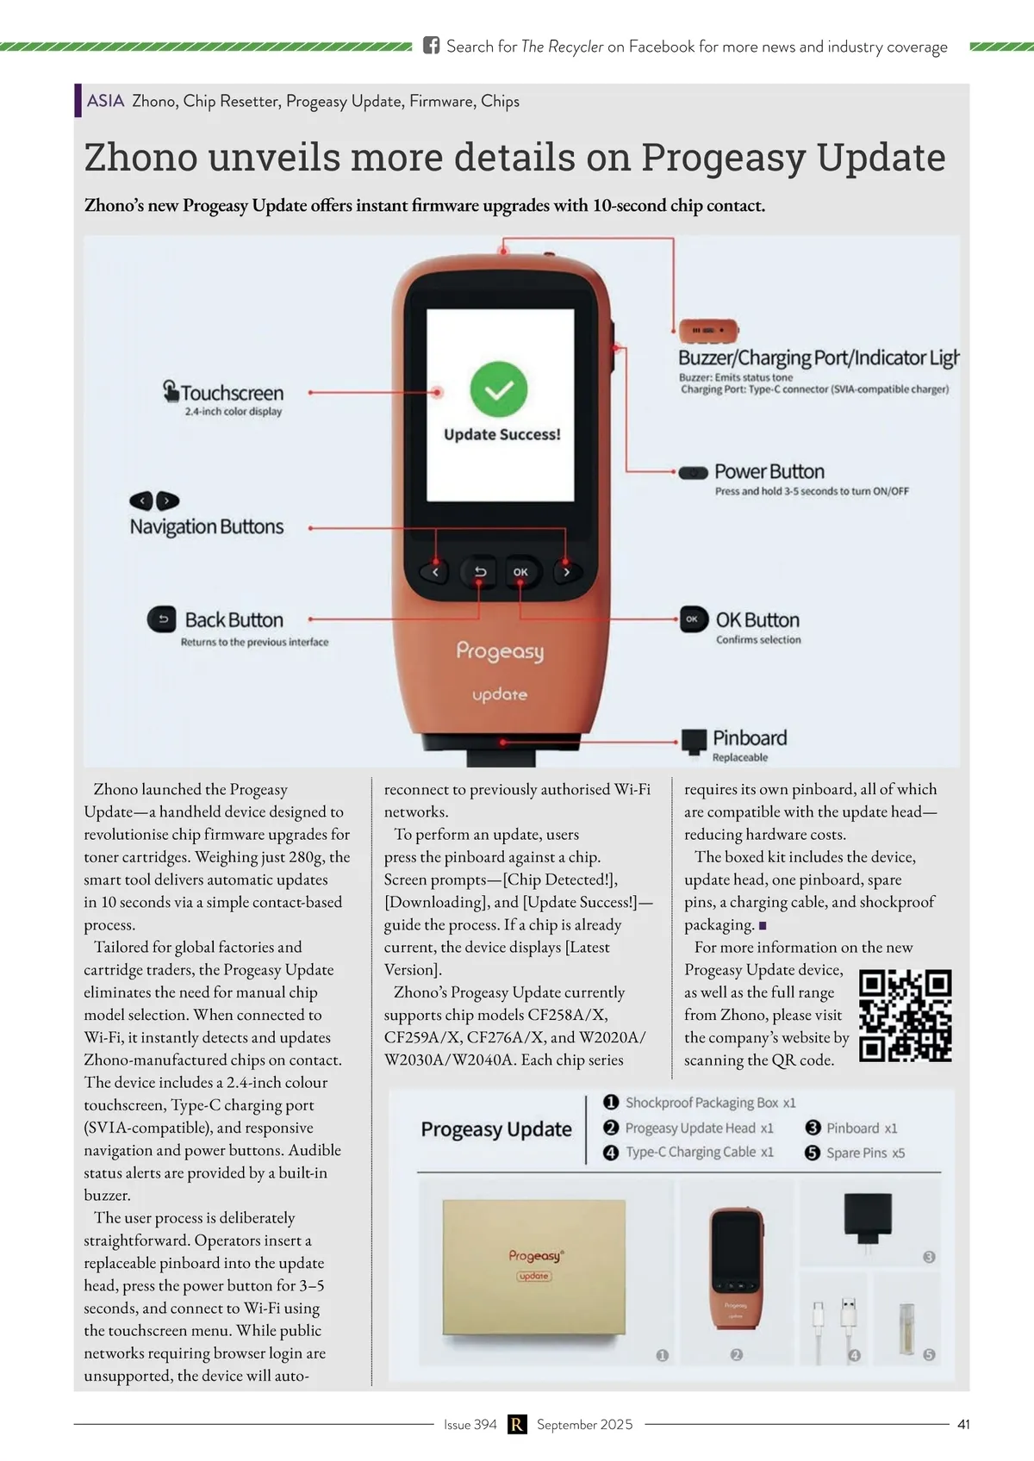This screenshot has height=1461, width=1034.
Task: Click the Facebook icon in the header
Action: coord(431,46)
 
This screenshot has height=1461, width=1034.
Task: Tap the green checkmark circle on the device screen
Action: coord(499,390)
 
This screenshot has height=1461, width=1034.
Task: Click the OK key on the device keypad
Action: coord(520,572)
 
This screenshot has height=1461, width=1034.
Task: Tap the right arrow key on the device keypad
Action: coord(566,572)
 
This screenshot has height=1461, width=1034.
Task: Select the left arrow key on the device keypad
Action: coord(435,572)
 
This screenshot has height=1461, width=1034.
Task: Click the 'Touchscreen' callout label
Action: coord(232,394)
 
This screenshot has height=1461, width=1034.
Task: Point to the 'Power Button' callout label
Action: coord(769,472)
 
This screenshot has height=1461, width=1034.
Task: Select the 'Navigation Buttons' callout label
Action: coord(207,527)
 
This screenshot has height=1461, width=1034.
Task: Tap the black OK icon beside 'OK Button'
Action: coord(693,619)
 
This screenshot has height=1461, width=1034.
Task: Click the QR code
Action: coord(906,1016)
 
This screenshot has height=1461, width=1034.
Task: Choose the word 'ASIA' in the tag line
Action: coord(106,101)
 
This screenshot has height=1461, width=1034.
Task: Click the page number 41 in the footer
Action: coord(963,1425)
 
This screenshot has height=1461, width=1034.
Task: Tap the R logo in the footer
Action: coord(517,1425)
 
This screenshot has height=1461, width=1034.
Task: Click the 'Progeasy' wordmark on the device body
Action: coord(500,651)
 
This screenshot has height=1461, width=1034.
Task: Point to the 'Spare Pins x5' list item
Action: coord(865,1153)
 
